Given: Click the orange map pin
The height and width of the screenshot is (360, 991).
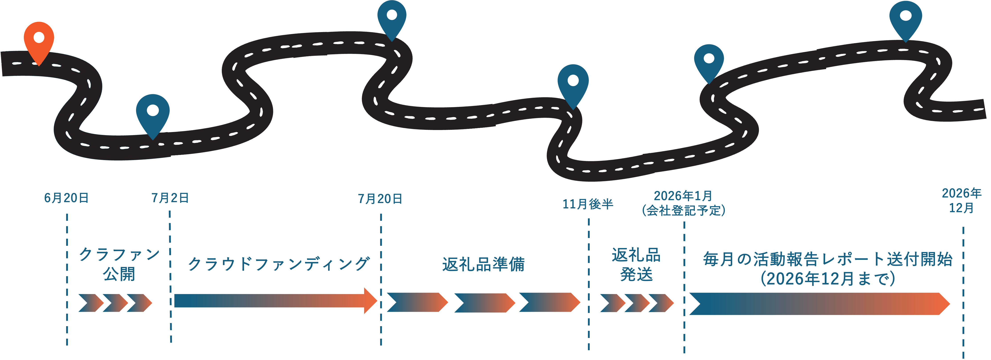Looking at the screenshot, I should (x=39, y=40).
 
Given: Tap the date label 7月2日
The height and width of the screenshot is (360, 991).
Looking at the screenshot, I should (x=170, y=198).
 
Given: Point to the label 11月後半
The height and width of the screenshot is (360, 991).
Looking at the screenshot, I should (x=588, y=204).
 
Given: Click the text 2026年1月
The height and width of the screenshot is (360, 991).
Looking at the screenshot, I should (x=683, y=196).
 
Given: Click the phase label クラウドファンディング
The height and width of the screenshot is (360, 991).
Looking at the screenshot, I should (x=279, y=264).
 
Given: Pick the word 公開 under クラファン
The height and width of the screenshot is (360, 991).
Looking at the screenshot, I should (x=119, y=274).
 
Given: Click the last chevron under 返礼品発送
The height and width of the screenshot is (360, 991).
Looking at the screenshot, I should (x=661, y=303).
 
